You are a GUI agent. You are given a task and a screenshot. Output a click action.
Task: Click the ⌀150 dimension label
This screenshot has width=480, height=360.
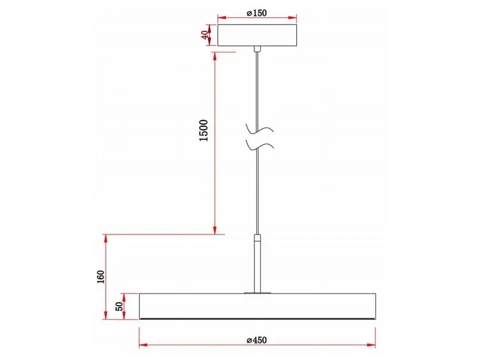tap(256, 13)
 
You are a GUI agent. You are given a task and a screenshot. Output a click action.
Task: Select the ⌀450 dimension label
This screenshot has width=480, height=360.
tap(256, 340)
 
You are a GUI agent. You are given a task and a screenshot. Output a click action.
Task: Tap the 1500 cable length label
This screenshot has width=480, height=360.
tap(204, 131)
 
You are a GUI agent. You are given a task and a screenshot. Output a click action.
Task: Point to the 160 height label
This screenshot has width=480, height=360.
tap(101, 277)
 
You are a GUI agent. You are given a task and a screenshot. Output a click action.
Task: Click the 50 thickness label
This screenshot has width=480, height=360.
tap(120, 306)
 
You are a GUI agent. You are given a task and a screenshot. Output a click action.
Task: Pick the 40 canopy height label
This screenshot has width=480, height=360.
tap(204, 35)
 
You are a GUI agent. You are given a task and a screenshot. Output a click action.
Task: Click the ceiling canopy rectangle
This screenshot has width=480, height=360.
tap(257, 35)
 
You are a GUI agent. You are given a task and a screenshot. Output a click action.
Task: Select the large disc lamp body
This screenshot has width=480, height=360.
tap(257, 306)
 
